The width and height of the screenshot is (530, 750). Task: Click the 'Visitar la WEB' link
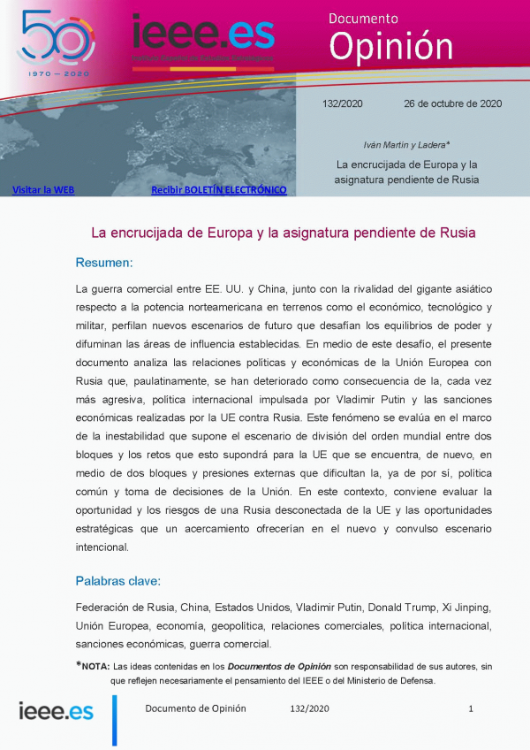pos(42,189)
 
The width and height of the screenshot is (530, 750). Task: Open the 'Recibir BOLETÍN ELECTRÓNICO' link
pos(218,189)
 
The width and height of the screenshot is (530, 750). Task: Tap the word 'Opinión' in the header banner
pos(391,45)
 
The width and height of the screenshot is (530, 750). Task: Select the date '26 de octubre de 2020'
pos(452,103)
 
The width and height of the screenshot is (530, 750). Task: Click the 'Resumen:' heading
pos(104,263)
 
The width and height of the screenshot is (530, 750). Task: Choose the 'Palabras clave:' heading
pos(117,581)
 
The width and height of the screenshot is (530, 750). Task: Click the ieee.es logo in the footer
pos(57,710)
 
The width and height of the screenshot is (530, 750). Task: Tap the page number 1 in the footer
pos(471,708)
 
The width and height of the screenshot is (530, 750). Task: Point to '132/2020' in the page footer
pos(309,708)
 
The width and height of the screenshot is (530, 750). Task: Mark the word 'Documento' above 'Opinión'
pos(363,17)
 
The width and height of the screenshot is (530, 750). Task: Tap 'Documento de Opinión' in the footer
pos(195,708)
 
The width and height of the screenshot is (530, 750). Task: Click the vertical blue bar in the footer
pos(114,719)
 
